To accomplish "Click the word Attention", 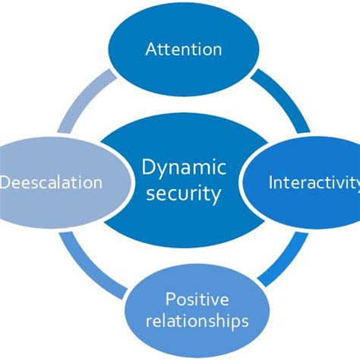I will tap(183, 50).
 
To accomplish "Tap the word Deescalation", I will tap(52, 182).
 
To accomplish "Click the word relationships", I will tap(197, 321).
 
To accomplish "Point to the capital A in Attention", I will tap(150, 50).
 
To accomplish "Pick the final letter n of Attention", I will tap(217, 51).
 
